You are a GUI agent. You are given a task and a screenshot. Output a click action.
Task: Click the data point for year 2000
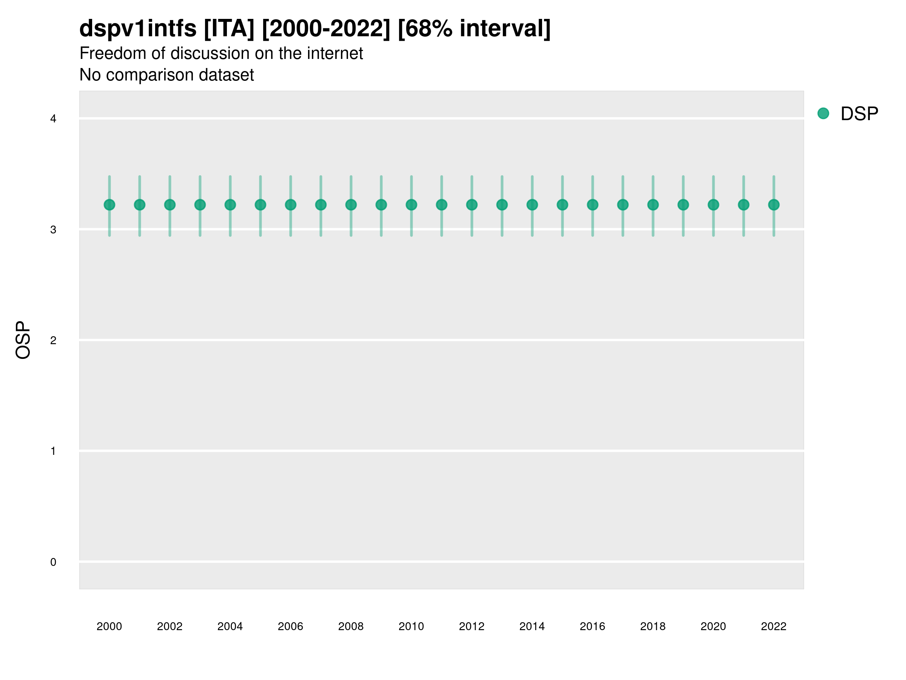pos(109,204)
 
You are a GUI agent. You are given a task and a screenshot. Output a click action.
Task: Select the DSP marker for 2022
pos(774,204)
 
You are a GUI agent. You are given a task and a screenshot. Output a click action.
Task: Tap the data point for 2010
pos(411,204)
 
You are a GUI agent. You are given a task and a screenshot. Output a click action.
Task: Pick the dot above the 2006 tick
pos(290,204)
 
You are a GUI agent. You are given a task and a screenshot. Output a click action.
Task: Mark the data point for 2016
pos(593,204)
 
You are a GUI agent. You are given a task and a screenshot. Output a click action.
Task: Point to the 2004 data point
pos(230,204)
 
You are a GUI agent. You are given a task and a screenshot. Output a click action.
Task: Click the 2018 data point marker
pos(653,204)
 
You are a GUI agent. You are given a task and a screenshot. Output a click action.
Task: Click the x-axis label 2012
pos(471,626)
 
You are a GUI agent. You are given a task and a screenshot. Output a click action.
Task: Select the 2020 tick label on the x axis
pos(713,626)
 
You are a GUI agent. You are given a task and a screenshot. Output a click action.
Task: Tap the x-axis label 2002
pos(169,626)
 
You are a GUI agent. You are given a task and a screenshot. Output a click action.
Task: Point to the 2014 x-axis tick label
pos(532,626)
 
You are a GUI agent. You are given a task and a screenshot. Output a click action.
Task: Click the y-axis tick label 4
pos(53,119)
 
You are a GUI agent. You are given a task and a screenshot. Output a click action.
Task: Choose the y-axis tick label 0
pos(53,562)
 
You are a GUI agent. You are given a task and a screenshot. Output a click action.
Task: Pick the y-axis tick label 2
pos(53,340)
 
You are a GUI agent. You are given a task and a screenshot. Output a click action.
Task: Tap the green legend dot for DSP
pos(823,114)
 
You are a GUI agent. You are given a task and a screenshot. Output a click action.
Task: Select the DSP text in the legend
pos(859,114)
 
